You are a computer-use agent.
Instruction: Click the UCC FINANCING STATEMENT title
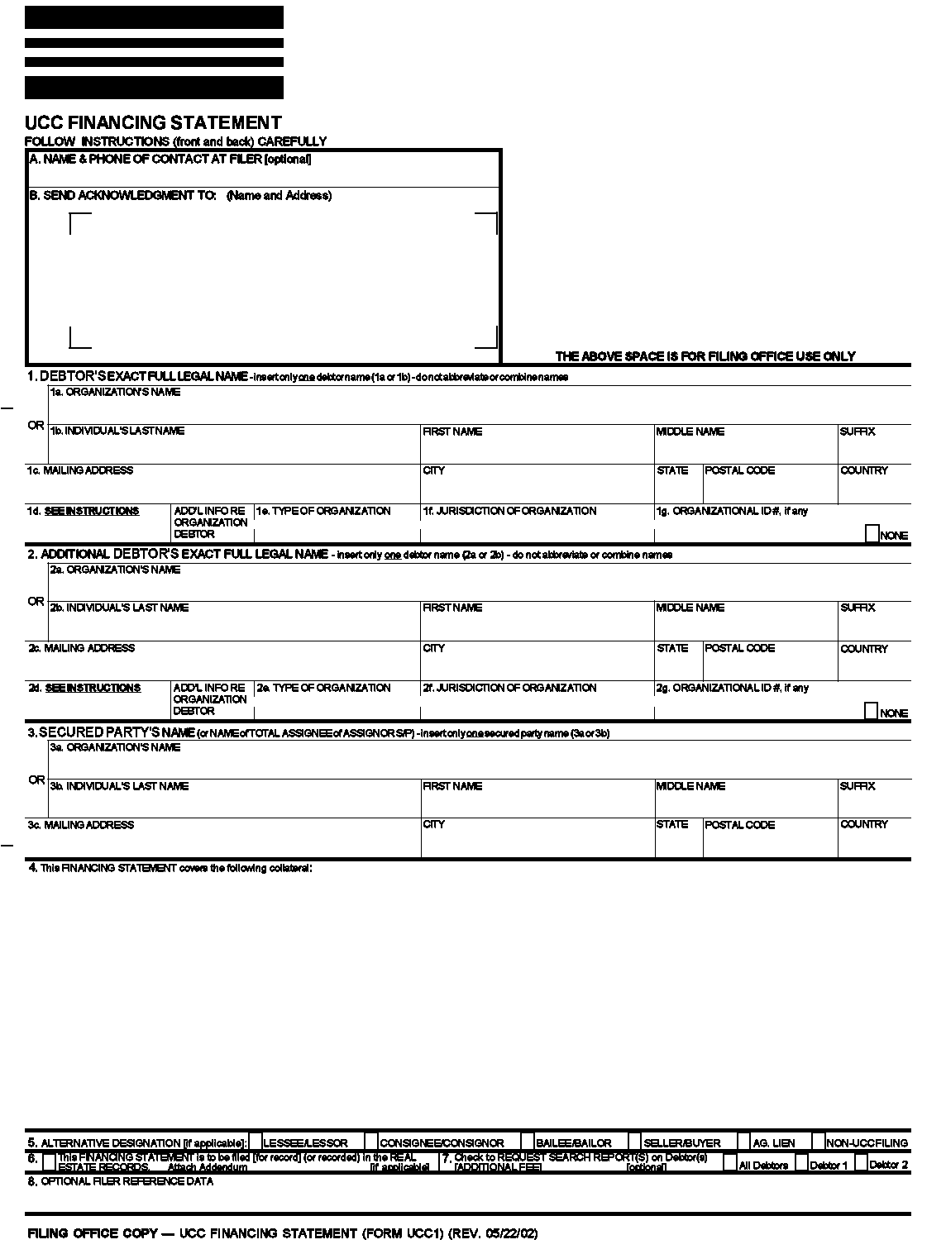coord(153,123)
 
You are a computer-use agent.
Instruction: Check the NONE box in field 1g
coord(871,533)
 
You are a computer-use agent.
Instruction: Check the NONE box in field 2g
coord(871,711)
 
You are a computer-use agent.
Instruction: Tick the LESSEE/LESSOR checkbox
coord(256,1142)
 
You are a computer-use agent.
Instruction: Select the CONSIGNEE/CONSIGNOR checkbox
coord(371,1142)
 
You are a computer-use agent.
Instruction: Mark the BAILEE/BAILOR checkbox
coord(528,1142)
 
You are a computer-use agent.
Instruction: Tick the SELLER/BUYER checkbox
coord(635,1142)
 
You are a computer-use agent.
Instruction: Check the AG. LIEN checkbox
coord(743,1142)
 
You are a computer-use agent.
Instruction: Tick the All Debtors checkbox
coord(729,1162)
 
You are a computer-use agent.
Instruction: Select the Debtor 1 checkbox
coord(800,1162)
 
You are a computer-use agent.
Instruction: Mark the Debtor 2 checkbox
coord(861,1162)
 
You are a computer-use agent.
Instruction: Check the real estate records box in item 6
coord(49,1162)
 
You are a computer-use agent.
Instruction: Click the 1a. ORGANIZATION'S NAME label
coord(115,393)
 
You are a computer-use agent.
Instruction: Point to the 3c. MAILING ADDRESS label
coord(80,825)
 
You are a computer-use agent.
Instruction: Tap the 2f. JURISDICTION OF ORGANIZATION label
coord(509,688)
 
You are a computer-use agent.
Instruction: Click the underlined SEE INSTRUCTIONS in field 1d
coord(92,511)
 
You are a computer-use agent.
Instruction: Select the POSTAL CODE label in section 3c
coord(739,825)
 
